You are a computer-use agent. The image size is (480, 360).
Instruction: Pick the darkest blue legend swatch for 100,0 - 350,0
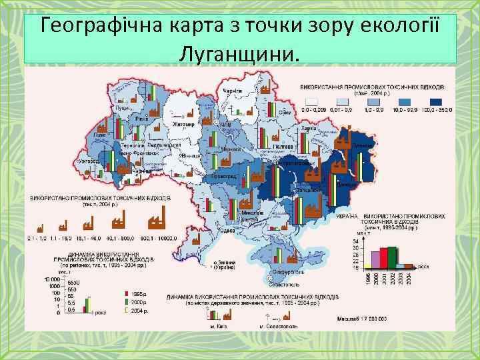pos(440,102)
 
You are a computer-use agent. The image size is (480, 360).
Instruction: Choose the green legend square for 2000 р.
pos(127,301)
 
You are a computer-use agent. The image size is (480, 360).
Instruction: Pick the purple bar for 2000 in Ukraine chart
pos(374,260)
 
